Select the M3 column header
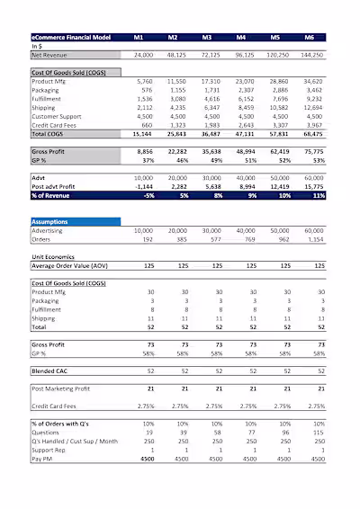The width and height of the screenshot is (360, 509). (x=206, y=38)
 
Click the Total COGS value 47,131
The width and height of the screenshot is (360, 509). (x=242, y=132)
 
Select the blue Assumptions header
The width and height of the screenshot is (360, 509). (x=75, y=221)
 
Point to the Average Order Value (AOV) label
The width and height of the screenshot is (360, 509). (x=71, y=266)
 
